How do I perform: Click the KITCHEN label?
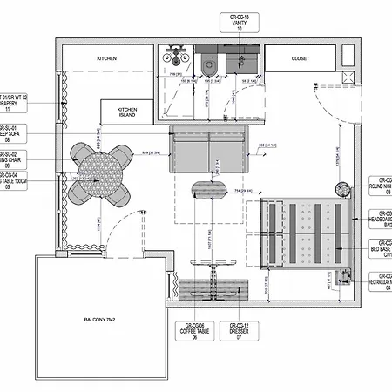click(107, 58)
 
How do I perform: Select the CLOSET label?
click(300, 58)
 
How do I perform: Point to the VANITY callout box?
click(240, 21)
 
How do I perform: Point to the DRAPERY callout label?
click(17, 104)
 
